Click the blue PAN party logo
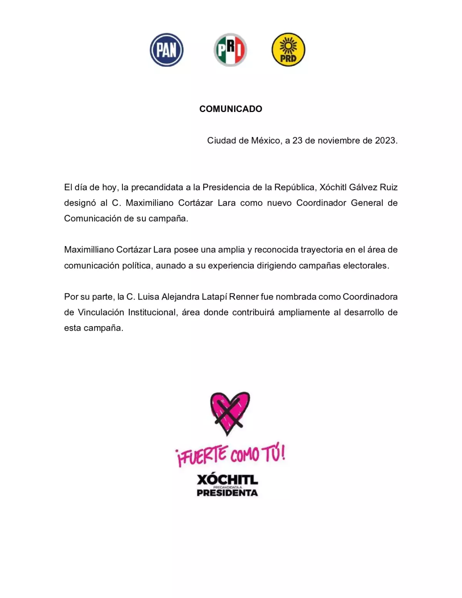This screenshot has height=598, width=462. [166, 50]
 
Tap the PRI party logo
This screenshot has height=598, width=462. [230, 50]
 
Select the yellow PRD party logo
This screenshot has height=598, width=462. [288, 50]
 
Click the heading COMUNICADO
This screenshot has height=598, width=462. [231, 109]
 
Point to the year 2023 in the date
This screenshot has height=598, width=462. [385, 141]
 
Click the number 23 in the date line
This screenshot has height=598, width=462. [297, 141]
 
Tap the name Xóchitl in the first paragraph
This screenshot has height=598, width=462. [333, 188]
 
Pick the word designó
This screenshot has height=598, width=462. [80, 203]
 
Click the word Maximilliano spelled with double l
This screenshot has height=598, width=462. [89, 250]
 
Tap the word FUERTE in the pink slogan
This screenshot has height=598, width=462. [202, 455]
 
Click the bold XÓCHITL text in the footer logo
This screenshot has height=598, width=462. [227, 479]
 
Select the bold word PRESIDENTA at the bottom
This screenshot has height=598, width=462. [227, 493]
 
